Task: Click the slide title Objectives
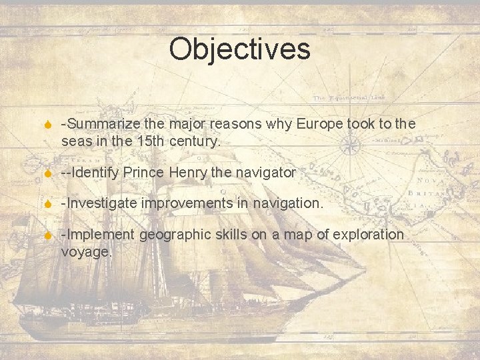[x=239, y=49]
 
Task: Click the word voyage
[x=86, y=252]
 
